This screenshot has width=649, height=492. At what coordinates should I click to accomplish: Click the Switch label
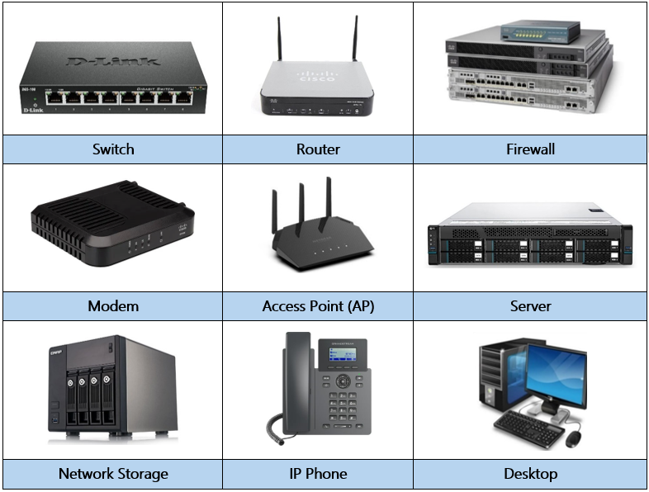tap(113, 149)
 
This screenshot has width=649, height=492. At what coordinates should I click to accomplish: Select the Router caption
tap(318, 149)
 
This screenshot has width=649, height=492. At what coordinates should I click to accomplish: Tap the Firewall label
tap(530, 149)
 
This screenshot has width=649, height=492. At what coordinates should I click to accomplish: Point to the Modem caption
tap(113, 306)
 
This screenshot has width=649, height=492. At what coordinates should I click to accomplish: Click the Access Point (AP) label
tap(318, 306)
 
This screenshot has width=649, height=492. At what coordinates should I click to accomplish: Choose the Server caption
tap(530, 306)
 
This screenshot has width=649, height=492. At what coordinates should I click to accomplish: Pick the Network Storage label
tap(113, 474)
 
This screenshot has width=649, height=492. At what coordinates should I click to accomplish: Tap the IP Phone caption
tap(318, 474)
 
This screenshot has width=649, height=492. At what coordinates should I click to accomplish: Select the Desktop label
tap(530, 474)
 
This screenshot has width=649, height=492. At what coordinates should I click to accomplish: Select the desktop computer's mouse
tap(572, 438)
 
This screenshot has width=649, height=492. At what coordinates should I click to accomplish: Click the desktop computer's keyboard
tap(528, 428)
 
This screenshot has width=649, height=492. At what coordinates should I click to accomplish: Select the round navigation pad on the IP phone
tap(342, 381)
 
